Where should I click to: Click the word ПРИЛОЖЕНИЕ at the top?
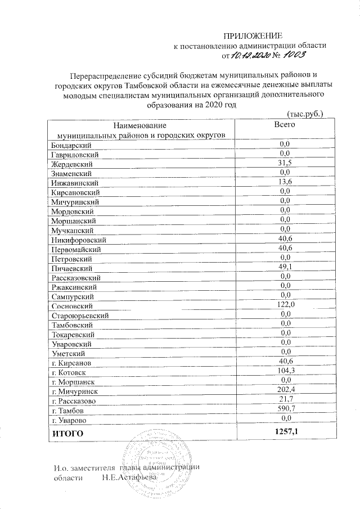tap(252, 35)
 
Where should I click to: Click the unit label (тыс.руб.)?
tap(304, 114)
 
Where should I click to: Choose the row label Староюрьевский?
tap(79, 316)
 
